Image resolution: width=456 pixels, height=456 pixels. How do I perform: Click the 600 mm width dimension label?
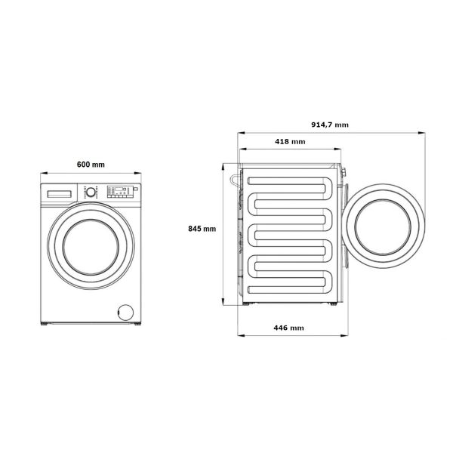(x=91, y=165)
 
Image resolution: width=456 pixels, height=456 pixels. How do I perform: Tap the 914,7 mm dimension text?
(x=330, y=125)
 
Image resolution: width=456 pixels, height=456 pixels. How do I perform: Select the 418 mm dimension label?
(x=290, y=142)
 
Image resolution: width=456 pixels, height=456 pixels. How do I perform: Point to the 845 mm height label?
(x=202, y=229)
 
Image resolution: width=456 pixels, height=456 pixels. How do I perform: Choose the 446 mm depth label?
(x=289, y=328)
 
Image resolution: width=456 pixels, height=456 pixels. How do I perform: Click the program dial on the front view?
(x=91, y=192)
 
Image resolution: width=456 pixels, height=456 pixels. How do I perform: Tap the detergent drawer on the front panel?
(x=60, y=194)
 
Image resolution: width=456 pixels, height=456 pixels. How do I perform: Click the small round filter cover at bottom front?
(x=125, y=313)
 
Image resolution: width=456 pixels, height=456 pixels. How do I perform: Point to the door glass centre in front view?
(x=91, y=247)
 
